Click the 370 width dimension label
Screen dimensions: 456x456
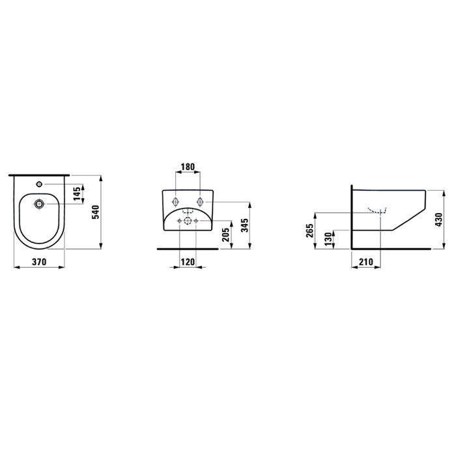[x=39, y=262]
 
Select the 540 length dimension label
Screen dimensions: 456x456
[x=96, y=212]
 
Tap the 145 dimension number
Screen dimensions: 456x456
[x=77, y=193]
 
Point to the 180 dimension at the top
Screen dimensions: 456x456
[x=188, y=167]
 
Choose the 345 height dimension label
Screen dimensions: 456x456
[x=245, y=225]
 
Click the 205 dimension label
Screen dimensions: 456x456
[x=225, y=235]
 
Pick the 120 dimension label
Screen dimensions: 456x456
[x=188, y=262]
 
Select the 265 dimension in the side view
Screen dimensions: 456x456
[x=309, y=231]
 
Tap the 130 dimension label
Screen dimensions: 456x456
[x=328, y=239]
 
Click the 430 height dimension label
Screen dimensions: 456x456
[x=438, y=220]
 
